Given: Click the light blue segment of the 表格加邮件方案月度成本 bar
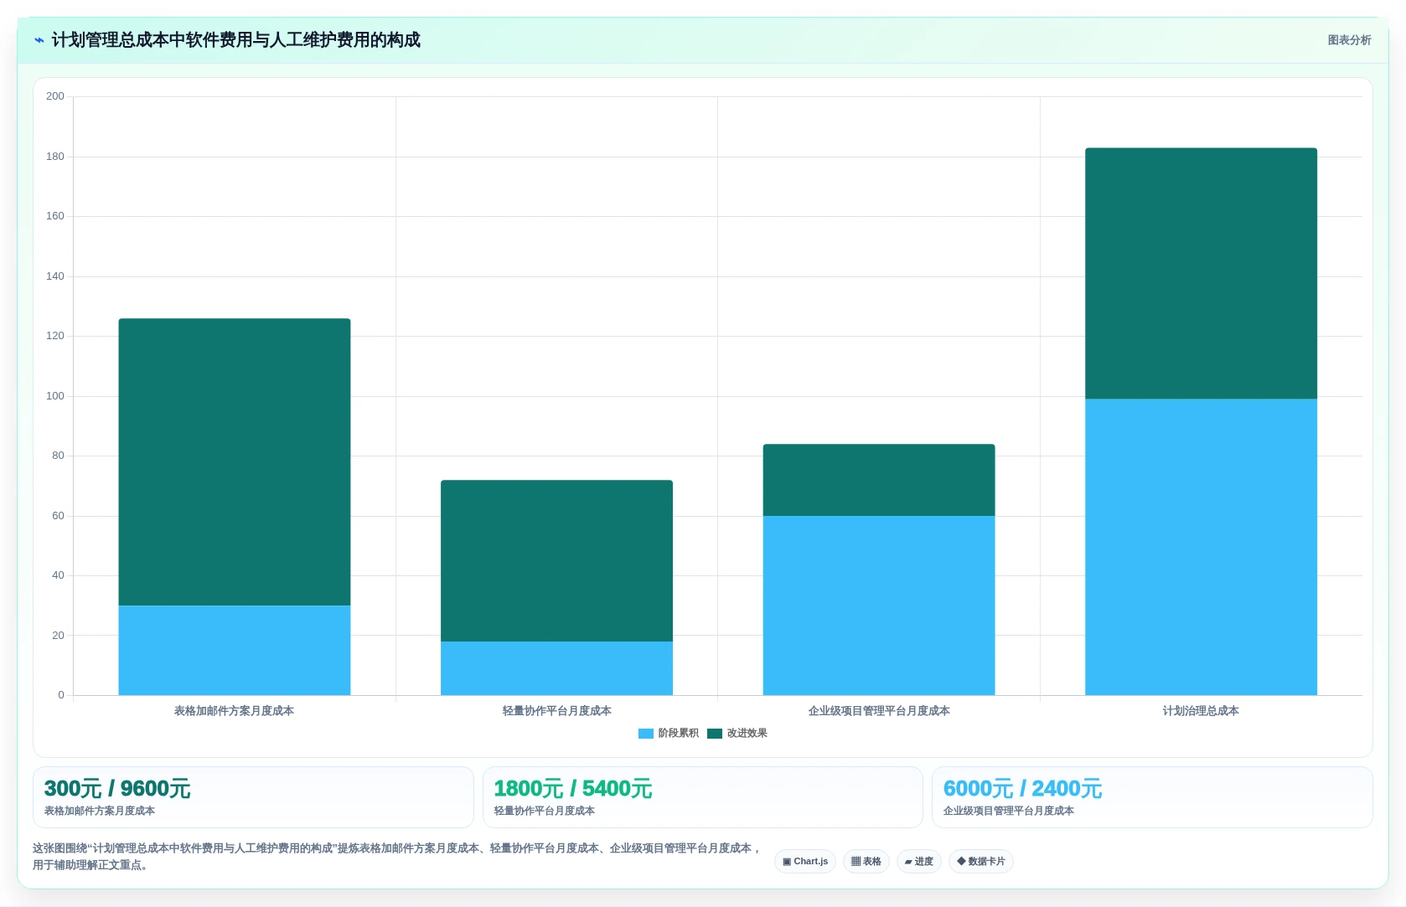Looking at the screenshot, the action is pos(234,650).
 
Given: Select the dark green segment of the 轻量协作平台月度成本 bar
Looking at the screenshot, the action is pos(556,561).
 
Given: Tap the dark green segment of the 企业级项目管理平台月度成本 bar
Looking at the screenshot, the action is pos(879,480).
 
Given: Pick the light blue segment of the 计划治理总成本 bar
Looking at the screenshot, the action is pos(1201,547).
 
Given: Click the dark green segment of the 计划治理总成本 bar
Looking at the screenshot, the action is pos(1201,274).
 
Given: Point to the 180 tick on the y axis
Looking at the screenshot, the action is pos(55,156).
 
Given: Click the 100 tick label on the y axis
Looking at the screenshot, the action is pos(55,396).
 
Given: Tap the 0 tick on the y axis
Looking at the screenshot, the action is pos(61,695).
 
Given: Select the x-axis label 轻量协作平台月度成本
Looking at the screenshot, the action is pos(556,711).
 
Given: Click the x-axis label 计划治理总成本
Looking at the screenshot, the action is pos(1201,711).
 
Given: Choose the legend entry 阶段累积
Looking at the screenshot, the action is pos(668,734).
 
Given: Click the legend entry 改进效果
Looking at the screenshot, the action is pos(737,734).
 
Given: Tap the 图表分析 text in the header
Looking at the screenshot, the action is pos(1349,40).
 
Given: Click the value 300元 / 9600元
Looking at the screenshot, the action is pos(116,788).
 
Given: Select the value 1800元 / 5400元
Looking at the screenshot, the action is pos(572,788).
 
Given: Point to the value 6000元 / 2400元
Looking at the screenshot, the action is pos(1022,788).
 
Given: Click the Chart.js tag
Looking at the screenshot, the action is pos(804,861).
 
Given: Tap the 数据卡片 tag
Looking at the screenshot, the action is pos(980,861).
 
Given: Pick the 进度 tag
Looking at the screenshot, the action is pos(919,861).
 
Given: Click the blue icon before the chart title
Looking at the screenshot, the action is pos(39,40).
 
